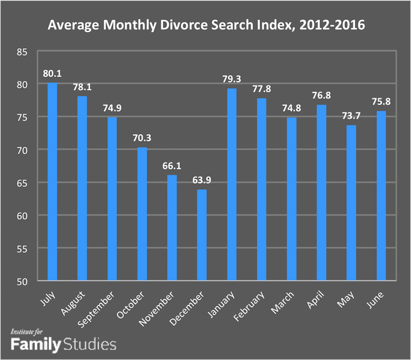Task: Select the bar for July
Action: pos(52,182)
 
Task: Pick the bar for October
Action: pos(142,214)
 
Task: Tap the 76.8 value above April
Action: pos(321,97)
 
